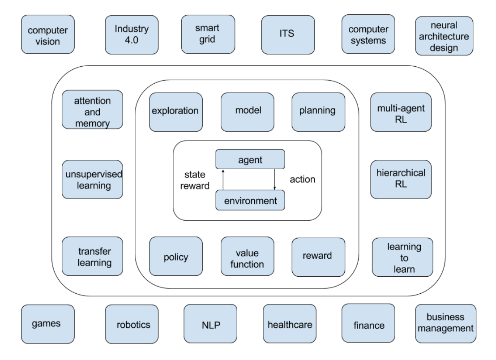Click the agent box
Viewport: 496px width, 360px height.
click(250, 159)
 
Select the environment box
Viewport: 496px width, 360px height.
click(250, 200)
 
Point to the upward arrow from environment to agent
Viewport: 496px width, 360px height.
click(223, 180)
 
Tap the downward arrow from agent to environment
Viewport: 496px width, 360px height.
click(274, 180)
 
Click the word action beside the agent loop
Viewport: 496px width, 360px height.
click(303, 180)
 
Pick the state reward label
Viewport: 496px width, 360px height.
click(197, 180)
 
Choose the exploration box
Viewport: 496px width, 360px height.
click(175, 111)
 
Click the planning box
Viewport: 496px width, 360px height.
click(318, 111)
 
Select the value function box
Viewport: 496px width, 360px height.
click(247, 257)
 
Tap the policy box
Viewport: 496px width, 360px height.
click(175, 257)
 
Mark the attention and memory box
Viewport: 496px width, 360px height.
click(92, 110)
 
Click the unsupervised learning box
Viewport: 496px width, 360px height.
click(92, 179)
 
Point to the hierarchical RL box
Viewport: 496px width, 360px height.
click(401, 179)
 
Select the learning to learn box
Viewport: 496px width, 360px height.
click(402, 257)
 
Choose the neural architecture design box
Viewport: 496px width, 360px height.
click(444, 36)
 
